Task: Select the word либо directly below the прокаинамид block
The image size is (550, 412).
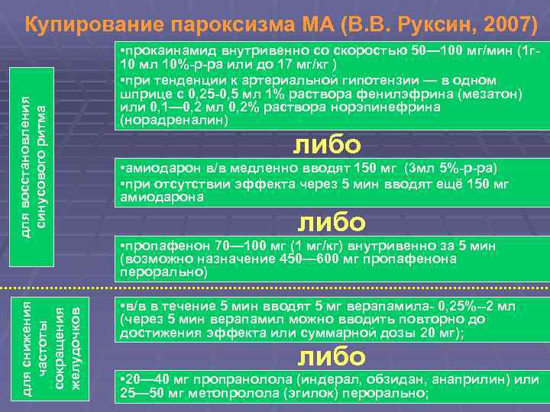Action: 328,144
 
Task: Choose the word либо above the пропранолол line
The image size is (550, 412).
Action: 331,356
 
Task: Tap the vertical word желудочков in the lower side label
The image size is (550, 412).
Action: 75,347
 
